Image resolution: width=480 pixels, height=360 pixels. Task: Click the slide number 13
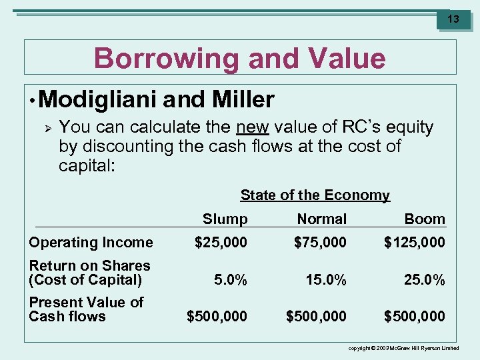(453, 19)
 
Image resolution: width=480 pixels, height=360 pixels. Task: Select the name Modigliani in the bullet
(98, 100)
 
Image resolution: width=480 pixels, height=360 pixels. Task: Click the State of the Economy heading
(315, 195)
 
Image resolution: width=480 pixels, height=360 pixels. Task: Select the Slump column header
(225, 219)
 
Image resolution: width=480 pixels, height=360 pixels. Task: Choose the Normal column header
(322, 219)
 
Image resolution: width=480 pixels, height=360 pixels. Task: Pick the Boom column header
(425, 219)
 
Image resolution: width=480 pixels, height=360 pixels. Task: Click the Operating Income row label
(91, 243)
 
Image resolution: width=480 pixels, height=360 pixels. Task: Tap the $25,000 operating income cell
(221, 243)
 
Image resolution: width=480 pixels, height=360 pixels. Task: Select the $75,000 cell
(321, 243)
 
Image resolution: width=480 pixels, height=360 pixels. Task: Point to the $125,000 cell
(415, 243)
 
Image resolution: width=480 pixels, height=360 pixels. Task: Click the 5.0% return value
(230, 281)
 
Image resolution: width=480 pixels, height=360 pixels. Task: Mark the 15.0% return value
(326, 281)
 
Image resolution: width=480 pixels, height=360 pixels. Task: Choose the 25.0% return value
(424, 281)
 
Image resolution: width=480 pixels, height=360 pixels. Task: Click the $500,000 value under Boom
(415, 316)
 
